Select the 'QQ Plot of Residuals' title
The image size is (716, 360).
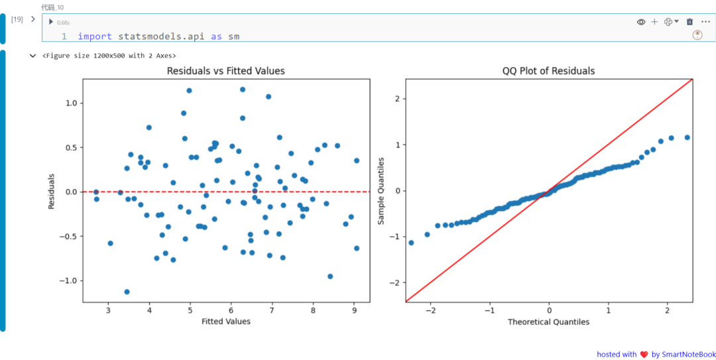click(548, 70)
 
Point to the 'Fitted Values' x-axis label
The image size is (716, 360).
click(226, 322)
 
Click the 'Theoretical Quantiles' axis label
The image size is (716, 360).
click(548, 322)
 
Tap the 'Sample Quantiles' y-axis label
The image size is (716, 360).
click(381, 191)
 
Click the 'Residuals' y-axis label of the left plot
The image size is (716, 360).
click(52, 192)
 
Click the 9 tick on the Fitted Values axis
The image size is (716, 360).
click(354, 310)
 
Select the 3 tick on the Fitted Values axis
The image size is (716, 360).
click(109, 310)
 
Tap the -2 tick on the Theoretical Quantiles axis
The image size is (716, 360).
click(430, 310)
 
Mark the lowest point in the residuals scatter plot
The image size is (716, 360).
click(127, 292)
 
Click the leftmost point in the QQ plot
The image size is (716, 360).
click(411, 243)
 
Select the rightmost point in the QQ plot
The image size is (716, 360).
click(687, 137)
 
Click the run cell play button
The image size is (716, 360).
click(51, 22)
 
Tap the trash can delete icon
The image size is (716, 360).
click(689, 22)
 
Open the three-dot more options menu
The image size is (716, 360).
click(705, 22)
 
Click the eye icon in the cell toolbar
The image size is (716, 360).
click(641, 22)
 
